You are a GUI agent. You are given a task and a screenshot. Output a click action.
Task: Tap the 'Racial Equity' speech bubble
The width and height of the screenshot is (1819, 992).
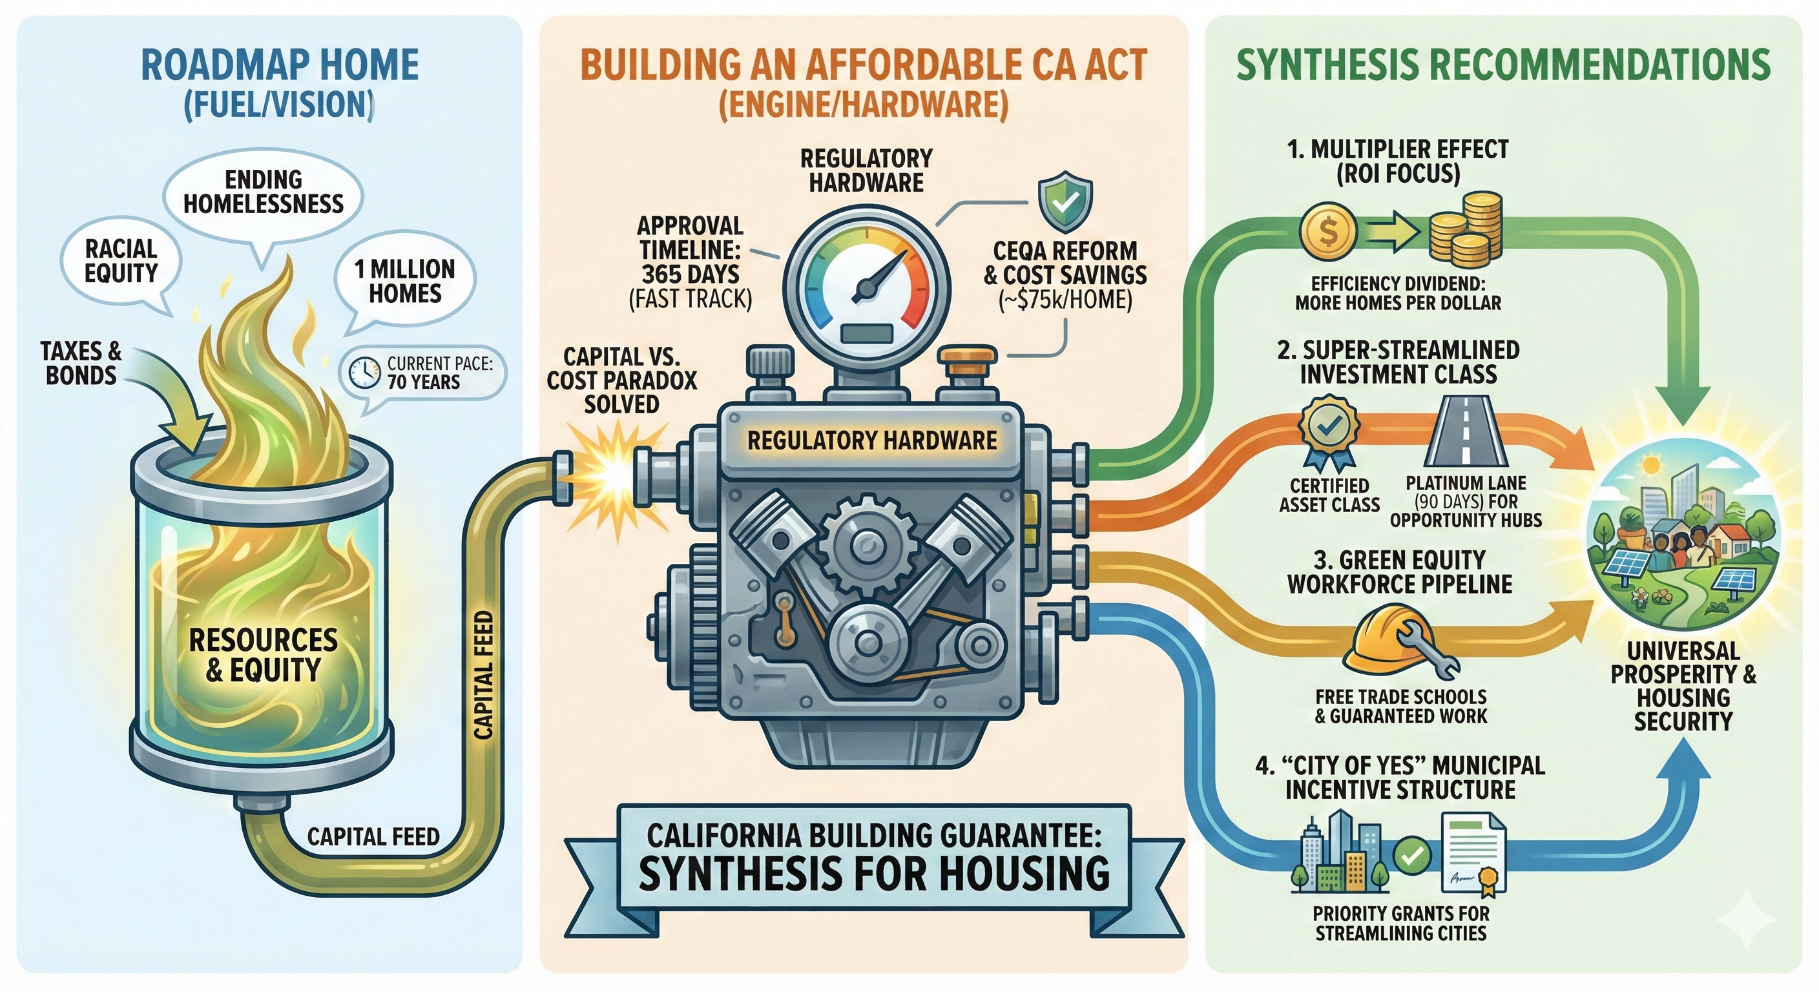tap(121, 261)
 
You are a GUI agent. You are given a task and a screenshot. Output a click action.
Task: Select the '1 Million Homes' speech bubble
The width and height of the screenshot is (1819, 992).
tap(404, 281)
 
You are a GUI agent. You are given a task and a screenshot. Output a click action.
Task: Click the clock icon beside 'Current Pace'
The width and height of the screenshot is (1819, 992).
tap(365, 372)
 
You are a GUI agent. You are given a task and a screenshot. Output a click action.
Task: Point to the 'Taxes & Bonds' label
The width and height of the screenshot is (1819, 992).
tap(81, 363)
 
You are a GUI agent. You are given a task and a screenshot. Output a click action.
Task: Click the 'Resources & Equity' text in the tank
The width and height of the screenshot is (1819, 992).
tap(263, 654)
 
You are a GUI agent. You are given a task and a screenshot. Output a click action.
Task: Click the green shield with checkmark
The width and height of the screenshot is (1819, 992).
tap(1065, 203)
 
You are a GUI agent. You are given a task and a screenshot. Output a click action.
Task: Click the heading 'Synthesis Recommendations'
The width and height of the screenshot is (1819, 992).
tap(1503, 65)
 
